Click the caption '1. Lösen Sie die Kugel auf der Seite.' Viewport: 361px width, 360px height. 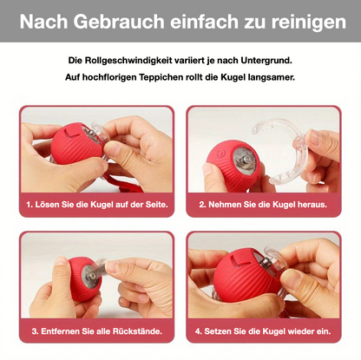[x=96, y=205]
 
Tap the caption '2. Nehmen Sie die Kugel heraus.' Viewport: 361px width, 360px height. [x=263, y=205]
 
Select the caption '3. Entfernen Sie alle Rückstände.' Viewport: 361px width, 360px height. [x=96, y=331]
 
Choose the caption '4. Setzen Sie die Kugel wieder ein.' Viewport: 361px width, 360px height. [x=264, y=331]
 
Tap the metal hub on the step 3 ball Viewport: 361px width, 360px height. [x=89, y=278]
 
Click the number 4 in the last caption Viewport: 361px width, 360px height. [x=198, y=331]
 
